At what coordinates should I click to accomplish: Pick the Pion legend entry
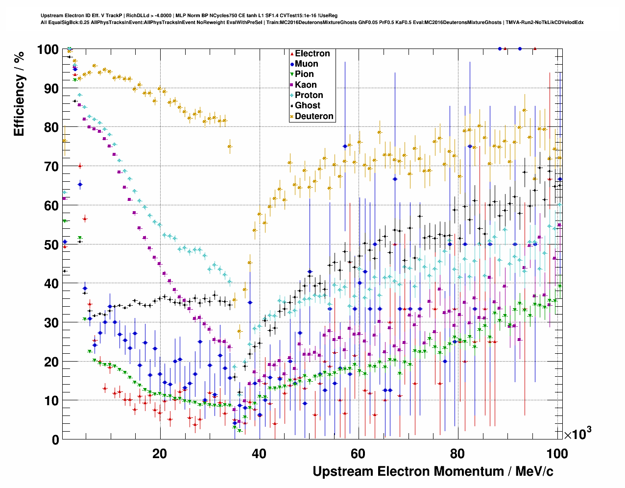[x=304, y=74]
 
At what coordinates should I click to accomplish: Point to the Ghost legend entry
[x=307, y=105]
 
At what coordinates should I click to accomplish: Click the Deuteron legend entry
[x=313, y=116]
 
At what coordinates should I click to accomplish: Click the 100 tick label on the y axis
[x=48, y=49]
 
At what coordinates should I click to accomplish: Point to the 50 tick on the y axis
[x=51, y=244]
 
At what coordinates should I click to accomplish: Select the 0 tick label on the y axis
[x=55, y=439]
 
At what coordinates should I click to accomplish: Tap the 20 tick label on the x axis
[x=159, y=454]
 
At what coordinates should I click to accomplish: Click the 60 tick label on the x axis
[x=358, y=454]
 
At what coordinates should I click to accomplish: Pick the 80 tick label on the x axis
[x=457, y=454]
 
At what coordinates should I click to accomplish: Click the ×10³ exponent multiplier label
[x=577, y=434]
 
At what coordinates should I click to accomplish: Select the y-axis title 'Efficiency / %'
[x=19, y=94]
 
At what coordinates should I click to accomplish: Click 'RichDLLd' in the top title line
[x=138, y=16]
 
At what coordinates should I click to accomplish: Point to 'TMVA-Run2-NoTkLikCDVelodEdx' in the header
[x=544, y=23]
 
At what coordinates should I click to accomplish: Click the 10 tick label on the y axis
[x=51, y=401]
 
